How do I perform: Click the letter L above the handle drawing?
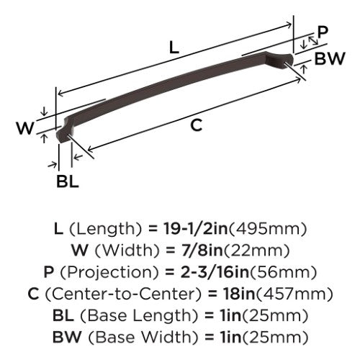[x=174, y=47]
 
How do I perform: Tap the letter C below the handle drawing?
[x=197, y=125]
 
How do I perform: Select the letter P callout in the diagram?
[x=323, y=32]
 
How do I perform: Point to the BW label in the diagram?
[x=330, y=58]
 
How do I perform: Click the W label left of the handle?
[x=25, y=128]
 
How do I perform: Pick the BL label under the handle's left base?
[x=68, y=181]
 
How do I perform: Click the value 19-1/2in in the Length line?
[x=195, y=228]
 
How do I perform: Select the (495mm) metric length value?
[x=268, y=229]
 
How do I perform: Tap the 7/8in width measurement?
[x=202, y=250]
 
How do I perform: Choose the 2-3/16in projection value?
[x=215, y=272]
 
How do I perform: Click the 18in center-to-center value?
[x=239, y=294]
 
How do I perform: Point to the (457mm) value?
[x=294, y=294]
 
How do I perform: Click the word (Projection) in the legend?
[x=109, y=272]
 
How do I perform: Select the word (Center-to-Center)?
[x=124, y=294]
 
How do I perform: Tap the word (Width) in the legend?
[x=127, y=251]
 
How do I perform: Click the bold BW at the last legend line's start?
[x=67, y=337]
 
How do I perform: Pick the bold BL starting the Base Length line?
[x=63, y=315]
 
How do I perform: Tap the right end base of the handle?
[x=283, y=60]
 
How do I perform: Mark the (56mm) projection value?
[x=283, y=272]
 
